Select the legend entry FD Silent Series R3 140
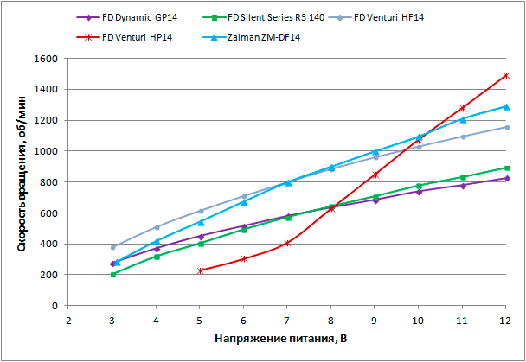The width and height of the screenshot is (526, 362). click(277, 16)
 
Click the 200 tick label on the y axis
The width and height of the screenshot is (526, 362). click(48, 275)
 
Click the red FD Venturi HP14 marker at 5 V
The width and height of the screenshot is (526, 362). click(201, 270)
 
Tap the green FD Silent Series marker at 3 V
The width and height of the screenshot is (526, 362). click(113, 275)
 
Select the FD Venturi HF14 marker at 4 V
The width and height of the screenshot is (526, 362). click(157, 227)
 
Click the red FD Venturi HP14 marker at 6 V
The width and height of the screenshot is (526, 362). click(244, 258)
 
